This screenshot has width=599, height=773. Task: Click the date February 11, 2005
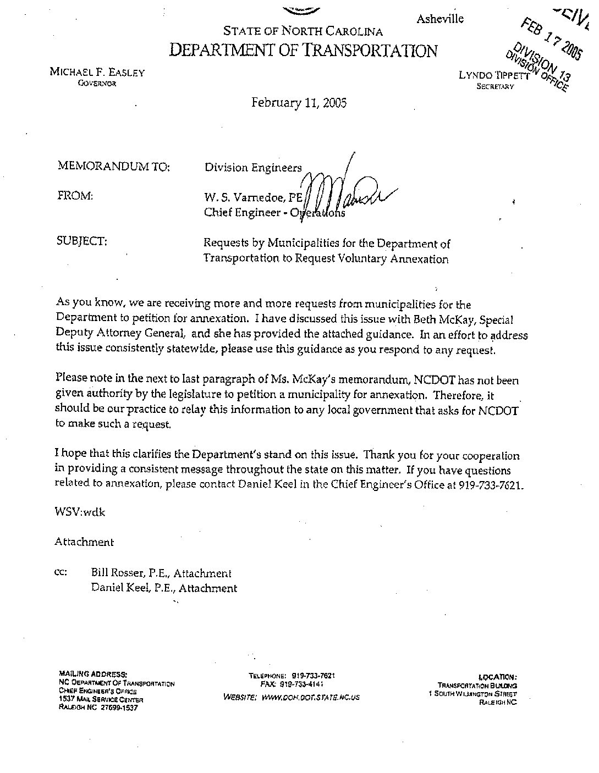point(299,103)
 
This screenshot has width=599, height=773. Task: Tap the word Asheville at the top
point(439,19)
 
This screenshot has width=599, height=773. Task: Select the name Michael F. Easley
point(97,72)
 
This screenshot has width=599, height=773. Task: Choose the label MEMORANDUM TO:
point(113,167)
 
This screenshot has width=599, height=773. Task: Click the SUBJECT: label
point(81,241)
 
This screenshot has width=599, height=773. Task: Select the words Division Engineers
point(253,168)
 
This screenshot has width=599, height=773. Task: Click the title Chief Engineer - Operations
point(274,213)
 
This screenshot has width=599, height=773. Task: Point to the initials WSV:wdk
point(79,512)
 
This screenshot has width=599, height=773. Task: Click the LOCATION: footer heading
point(497,677)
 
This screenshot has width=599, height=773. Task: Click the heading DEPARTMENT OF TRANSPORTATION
point(303,51)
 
